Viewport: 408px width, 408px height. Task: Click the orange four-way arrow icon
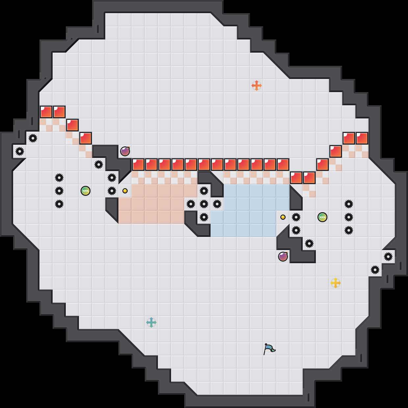click(x=257, y=86)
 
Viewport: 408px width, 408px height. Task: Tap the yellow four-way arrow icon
click(x=336, y=283)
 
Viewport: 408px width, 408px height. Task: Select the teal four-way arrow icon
click(x=151, y=322)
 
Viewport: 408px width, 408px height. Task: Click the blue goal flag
click(x=269, y=349)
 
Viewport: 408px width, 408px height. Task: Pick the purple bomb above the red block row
click(x=125, y=151)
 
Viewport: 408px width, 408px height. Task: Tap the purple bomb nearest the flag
click(x=283, y=257)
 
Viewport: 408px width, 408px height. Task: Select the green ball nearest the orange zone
click(x=86, y=191)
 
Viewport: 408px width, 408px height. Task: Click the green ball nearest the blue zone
click(x=322, y=217)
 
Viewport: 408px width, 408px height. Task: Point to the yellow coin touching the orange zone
click(x=125, y=191)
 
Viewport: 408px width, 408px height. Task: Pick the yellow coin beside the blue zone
click(x=283, y=217)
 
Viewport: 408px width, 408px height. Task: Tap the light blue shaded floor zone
click(x=250, y=211)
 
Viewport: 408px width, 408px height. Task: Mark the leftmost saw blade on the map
click(x=20, y=151)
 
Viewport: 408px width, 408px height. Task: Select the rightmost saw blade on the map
click(x=388, y=257)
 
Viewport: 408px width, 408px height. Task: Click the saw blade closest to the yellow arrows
click(x=375, y=270)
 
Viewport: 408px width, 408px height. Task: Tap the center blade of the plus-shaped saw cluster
click(x=204, y=204)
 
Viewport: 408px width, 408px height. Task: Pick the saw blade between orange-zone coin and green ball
click(x=112, y=191)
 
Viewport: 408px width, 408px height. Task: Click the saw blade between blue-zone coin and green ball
click(x=296, y=217)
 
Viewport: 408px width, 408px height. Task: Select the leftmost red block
click(x=46, y=112)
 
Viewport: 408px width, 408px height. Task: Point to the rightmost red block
click(x=362, y=138)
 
